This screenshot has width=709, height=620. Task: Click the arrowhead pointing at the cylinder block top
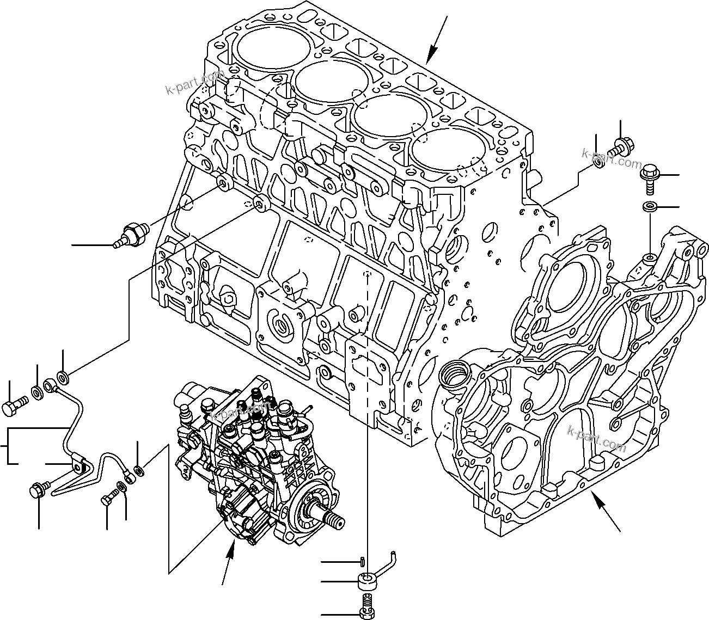(431, 54)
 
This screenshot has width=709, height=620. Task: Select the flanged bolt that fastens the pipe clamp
(38, 489)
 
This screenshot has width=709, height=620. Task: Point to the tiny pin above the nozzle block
(363, 561)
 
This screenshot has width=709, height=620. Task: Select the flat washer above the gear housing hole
(649, 207)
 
